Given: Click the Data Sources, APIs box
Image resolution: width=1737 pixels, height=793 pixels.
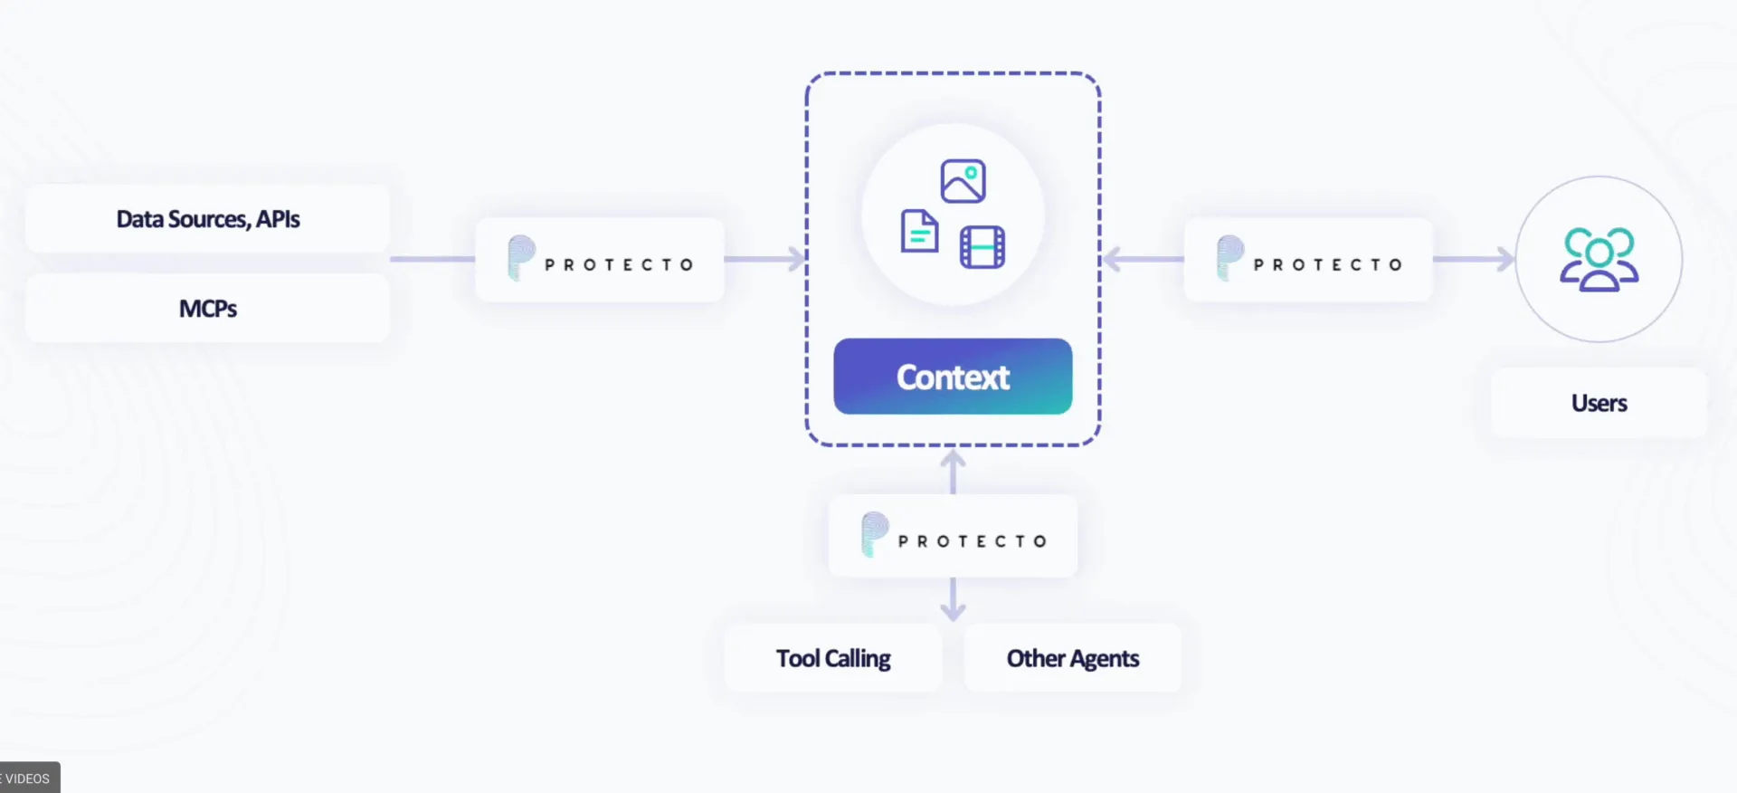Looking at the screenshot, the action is (x=207, y=219).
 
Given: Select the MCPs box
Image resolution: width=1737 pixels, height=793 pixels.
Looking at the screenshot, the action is (x=207, y=309).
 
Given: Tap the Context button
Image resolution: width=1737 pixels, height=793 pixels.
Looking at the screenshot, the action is (x=953, y=377).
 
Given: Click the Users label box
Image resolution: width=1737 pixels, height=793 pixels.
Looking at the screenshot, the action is (x=1599, y=403).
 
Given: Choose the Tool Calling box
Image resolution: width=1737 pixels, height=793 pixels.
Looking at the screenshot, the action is (x=833, y=658).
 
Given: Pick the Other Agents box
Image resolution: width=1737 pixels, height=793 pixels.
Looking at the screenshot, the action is (x=1073, y=658).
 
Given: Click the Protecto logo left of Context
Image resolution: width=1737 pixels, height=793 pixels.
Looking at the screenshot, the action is (x=600, y=260).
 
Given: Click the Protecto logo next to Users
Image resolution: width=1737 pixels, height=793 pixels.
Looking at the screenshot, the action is (x=1308, y=260).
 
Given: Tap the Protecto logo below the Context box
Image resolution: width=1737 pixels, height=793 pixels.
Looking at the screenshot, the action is (x=953, y=536).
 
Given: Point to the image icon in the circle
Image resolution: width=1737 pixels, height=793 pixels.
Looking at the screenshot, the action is (x=963, y=181).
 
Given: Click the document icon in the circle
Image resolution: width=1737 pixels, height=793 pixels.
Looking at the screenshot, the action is (x=919, y=231).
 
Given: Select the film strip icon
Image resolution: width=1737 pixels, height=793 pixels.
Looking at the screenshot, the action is (x=982, y=247).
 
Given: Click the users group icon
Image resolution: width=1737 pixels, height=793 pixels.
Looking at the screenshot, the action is (x=1599, y=260).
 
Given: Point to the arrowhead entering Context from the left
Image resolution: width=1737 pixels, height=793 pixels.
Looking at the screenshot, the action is (x=797, y=260).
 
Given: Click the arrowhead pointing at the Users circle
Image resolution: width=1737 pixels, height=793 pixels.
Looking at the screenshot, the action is (x=1506, y=260).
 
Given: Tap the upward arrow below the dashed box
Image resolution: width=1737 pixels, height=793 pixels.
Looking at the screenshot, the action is (x=953, y=472).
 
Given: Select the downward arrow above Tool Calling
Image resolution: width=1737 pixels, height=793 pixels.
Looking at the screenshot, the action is (x=953, y=599).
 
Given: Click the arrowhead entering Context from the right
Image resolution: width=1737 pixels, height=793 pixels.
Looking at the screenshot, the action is (x=1111, y=260).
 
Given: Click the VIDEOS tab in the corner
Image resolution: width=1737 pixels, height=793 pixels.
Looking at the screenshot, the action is (x=27, y=778).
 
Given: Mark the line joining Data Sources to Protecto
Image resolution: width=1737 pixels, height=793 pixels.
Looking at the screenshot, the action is (x=432, y=260).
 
